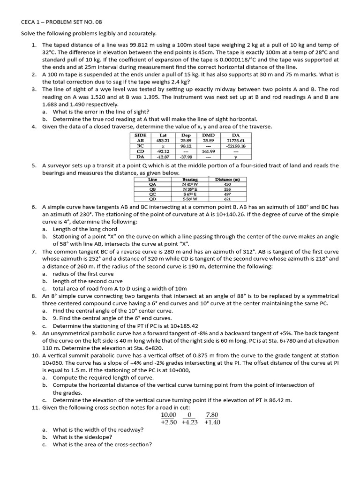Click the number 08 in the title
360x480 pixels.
pyautogui.click(x=97, y=22)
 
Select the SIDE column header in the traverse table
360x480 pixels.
pyautogui.click(x=141, y=135)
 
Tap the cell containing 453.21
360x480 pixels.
pyautogui.click(x=163, y=140)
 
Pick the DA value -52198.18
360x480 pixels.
pyautogui.click(x=236, y=146)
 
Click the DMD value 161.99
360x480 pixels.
pyautogui.click(x=208, y=151)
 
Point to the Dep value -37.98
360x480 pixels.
pyautogui.click(x=186, y=157)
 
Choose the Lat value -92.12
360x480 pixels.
pyautogui.click(x=163, y=151)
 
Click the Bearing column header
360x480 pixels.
pyautogui.click(x=190, y=179)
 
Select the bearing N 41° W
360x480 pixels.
pyautogui.click(x=190, y=184)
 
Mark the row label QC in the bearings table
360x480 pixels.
pyautogui.click(x=152, y=194)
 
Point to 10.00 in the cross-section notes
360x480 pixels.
pyautogui.click(x=168, y=415)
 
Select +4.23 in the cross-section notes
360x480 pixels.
pyautogui.click(x=189, y=422)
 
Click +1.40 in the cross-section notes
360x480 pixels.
pyautogui.click(x=212, y=422)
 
